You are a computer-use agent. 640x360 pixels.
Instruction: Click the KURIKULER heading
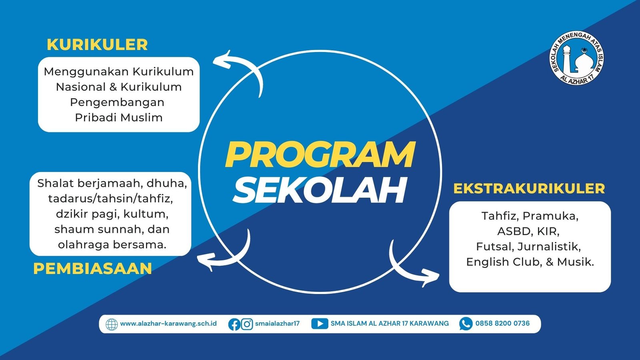coord(97,45)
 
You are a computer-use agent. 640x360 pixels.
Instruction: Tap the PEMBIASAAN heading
coord(92,269)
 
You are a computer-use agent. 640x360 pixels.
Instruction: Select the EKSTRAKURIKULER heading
coord(529,188)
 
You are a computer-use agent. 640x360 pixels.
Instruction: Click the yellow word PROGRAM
coord(320,154)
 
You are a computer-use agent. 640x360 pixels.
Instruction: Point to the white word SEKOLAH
coord(320,190)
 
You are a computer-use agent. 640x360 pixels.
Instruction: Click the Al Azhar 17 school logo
coord(576,58)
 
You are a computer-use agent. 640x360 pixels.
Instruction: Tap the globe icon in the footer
coord(112,324)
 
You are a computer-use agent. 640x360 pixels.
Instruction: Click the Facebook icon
coord(234,324)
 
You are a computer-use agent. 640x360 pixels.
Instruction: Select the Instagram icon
coord(247,324)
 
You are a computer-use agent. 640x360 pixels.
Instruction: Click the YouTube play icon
coord(320,324)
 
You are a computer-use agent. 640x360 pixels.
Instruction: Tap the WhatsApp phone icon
coord(466,324)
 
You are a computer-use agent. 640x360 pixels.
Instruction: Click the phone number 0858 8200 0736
coord(502,324)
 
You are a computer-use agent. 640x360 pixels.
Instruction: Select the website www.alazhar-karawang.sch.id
coord(168,324)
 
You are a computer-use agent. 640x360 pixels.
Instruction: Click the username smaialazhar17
coord(277,324)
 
